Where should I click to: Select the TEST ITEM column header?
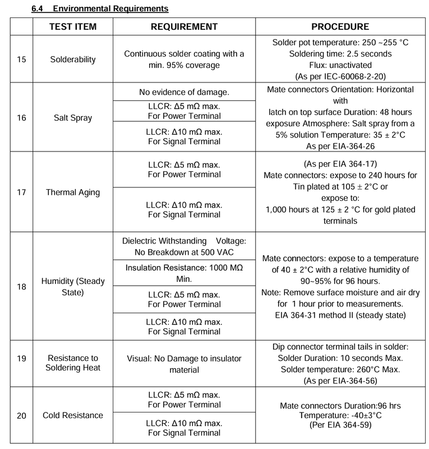pos(73,27)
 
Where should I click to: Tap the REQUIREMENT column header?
pos(184,27)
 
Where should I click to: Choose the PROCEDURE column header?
pos(340,27)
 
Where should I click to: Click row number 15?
pos(21,59)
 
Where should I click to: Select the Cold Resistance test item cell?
pos(73,415)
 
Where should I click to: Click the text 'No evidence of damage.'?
pos(184,91)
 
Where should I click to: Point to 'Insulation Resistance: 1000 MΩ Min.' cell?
pos(184,273)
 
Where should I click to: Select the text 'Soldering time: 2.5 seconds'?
pos(340,54)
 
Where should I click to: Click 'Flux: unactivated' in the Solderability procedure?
pos(340,65)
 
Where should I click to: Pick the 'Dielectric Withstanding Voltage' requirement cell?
pos(184,246)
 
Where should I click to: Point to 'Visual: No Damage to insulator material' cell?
pos(184,364)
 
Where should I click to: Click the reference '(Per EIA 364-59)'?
pos(340,425)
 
